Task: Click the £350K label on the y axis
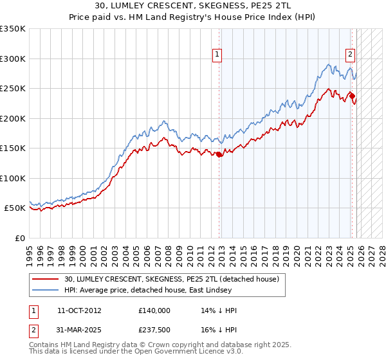[x=13, y=29]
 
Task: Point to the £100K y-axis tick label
[x=13, y=178]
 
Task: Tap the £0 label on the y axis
[x=19, y=238]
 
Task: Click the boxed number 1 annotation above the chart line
[x=218, y=55]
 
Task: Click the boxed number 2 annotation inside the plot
[x=351, y=55]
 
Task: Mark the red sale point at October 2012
[x=219, y=154]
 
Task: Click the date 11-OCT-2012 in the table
[x=79, y=310]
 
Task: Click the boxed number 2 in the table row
[x=33, y=330]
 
